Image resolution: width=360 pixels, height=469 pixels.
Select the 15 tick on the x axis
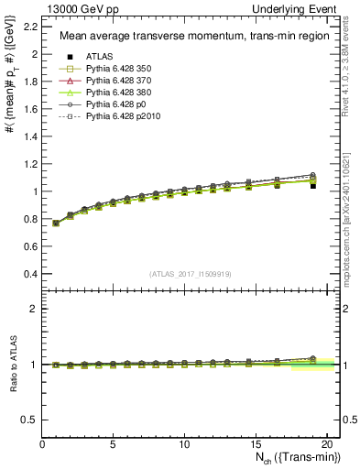tap(255, 444)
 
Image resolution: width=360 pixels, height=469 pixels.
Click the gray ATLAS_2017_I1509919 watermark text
tap(190, 273)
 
